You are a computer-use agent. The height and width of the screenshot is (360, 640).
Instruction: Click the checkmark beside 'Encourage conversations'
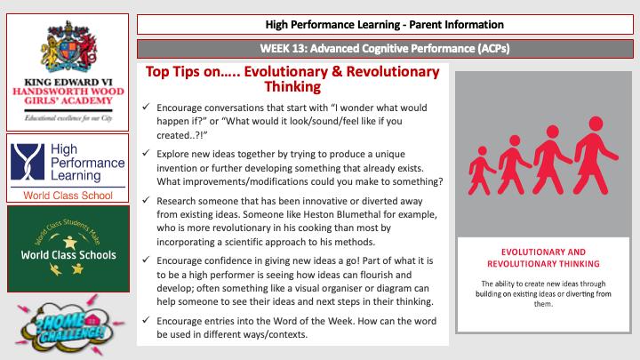tap(146, 109)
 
